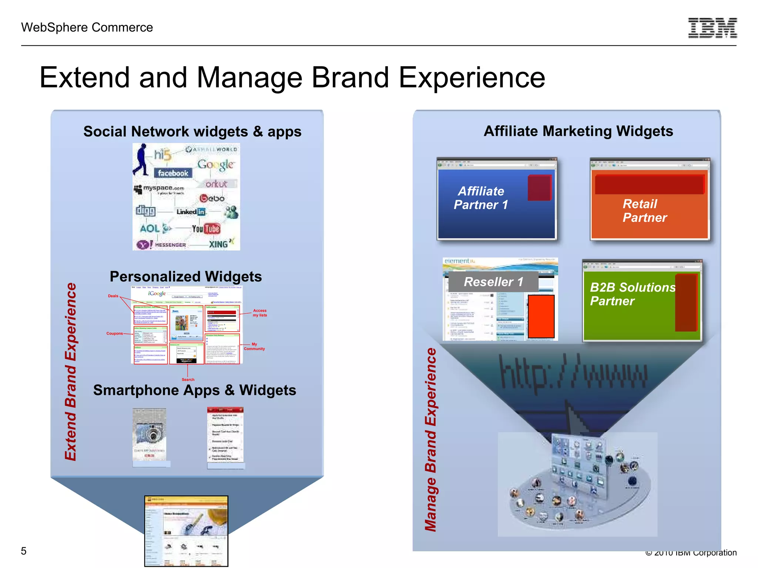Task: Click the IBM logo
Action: [712, 28]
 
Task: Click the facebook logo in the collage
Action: [173, 173]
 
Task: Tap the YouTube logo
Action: [206, 229]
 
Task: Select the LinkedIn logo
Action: [191, 212]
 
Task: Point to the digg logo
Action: [146, 211]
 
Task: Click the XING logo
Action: [218, 244]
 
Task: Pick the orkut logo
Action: [217, 184]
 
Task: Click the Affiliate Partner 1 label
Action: [481, 198]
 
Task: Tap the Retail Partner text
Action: [644, 210]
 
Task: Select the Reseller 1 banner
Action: [493, 282]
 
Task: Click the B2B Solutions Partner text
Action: [632, 294]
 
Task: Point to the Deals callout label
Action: [113, 296]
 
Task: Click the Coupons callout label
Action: [114, 334]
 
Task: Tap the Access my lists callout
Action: [259, 313]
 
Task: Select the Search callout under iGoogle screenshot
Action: [188, 379]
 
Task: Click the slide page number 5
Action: [24, 551]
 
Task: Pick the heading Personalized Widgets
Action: [185, 277]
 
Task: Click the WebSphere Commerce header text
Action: [87, 27]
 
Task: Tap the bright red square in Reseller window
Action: [541, 316]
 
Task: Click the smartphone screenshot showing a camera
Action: [150, 435]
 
